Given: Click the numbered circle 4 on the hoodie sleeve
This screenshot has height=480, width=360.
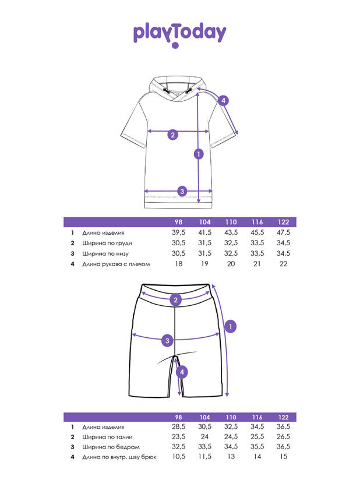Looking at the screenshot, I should (224, 100).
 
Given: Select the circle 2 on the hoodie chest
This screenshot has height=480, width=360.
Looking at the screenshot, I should (172, 135).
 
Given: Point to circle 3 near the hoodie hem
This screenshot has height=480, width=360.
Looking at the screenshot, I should (182, 191).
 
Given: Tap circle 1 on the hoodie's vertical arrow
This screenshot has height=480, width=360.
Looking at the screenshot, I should (199, 154).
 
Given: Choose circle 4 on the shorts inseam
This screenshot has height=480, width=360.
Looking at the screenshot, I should (182, 372).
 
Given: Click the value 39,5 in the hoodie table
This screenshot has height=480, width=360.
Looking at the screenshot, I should (178, 232).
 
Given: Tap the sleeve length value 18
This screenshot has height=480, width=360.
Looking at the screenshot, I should (179, 264).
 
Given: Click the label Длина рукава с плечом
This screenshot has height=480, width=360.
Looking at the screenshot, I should (116, 264).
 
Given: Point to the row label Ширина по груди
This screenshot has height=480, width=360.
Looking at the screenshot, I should (105, 243).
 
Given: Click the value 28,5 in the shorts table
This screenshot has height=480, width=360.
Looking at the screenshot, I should (178, 427).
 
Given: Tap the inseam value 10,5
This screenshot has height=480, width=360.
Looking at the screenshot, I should (178, 457).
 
